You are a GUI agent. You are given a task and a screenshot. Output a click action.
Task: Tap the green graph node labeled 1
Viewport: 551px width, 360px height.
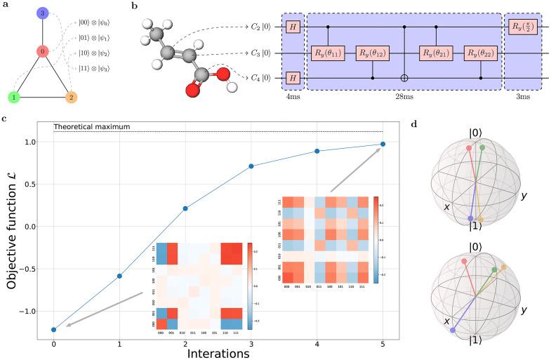coord(13,97)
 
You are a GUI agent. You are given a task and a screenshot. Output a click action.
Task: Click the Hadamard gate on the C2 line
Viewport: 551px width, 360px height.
coord(291,26)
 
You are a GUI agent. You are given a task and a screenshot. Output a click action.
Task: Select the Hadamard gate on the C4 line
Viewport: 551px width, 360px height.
coord(291,77)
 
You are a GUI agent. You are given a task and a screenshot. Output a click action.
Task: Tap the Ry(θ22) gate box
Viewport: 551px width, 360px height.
coord(480,52)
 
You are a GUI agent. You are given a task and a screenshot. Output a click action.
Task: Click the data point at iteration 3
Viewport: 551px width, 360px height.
coord(251,166)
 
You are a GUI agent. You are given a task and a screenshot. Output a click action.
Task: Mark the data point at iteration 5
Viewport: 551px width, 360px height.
coord(383,145)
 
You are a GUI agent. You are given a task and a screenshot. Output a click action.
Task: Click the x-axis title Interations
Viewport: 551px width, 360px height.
coord(218,354)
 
